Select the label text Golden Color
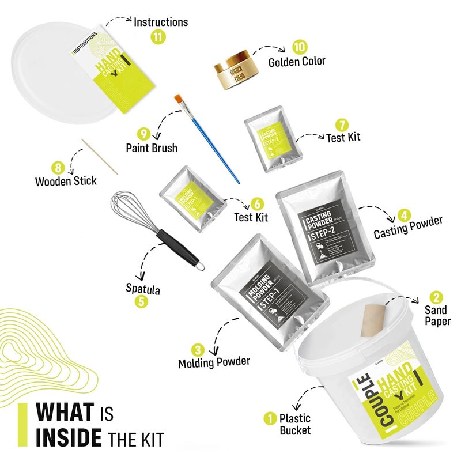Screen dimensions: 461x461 pos(297,61)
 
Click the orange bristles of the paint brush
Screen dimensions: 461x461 pos(179,101)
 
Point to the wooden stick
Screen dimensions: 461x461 pos(99,156)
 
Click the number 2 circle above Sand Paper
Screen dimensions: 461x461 pos(436,297)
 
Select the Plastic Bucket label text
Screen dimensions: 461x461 pos(295,424)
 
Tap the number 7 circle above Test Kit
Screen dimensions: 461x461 pos(342,124)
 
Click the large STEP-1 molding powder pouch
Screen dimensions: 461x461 pos(269,288)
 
